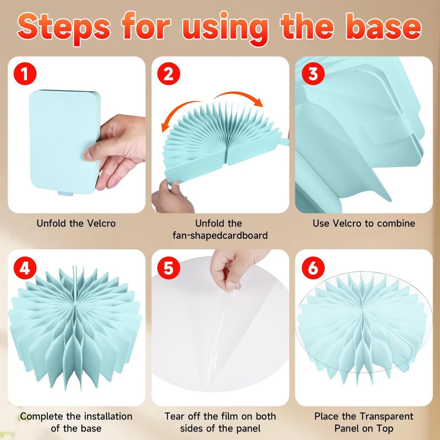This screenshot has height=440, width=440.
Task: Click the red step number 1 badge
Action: coord(25,73)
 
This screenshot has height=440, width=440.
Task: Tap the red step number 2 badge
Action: coord(169,73)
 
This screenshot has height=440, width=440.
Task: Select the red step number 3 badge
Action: coord(313,73)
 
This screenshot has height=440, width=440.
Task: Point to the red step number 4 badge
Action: coord(25,268)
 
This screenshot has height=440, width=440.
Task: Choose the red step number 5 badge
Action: coord(169,268)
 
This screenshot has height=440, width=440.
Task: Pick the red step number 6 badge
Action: coord(313,268)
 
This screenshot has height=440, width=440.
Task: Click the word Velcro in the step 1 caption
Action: coord(101,224)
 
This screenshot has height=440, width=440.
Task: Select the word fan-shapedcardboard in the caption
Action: coord(220,235)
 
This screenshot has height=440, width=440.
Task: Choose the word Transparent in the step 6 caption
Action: coord(386,416)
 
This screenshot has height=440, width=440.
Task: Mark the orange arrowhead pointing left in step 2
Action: coord(165,127)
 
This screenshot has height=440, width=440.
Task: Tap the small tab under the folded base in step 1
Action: coord(66,193)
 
